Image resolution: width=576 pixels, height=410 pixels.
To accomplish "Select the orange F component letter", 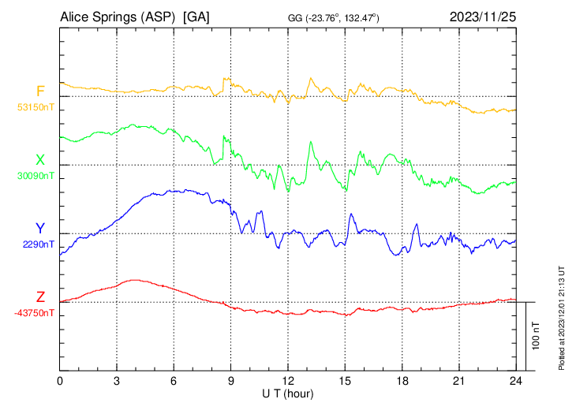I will [x=40, y=91].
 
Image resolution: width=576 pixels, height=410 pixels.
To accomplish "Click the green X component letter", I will [x=40, y=160].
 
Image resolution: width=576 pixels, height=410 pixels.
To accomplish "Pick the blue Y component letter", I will [x=40, y=229].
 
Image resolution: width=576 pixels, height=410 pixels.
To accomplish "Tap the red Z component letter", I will [x=40, y=297].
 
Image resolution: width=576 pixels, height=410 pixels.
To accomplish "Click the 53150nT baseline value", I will [x=36, y=106].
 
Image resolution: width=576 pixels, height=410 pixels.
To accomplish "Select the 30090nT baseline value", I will [x=36, y=175].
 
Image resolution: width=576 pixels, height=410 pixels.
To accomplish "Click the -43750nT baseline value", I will [x=35, y=313].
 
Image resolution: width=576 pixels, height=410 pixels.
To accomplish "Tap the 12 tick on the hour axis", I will [x=288, y=381].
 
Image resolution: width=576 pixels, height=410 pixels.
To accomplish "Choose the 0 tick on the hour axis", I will [x=61, y=381].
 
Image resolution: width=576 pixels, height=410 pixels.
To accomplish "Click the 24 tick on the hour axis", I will [x=516, y=381].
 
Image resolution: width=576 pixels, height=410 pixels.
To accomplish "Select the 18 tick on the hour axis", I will [x=402, y=381].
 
